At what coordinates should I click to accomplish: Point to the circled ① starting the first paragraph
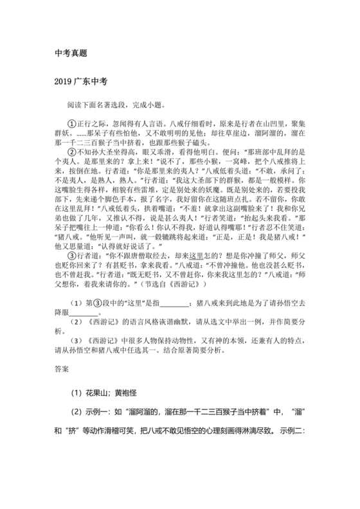(x=71, y=120)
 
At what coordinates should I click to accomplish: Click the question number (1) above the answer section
(x=75, y=302)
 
